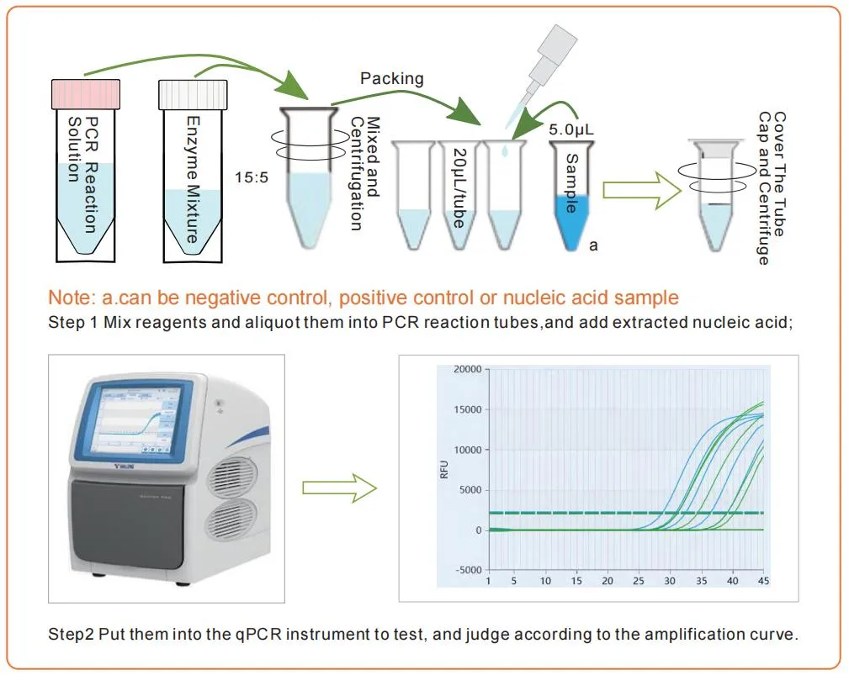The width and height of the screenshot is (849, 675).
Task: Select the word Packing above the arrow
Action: (x=391, y=79)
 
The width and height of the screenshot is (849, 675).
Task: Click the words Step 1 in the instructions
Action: (x=72, y=324)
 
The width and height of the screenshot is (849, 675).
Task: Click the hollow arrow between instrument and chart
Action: (x=339, y=488)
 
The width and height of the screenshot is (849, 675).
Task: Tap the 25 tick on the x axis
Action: (x=638, y=581)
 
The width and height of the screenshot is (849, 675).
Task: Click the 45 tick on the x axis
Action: (x=763, y=581)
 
